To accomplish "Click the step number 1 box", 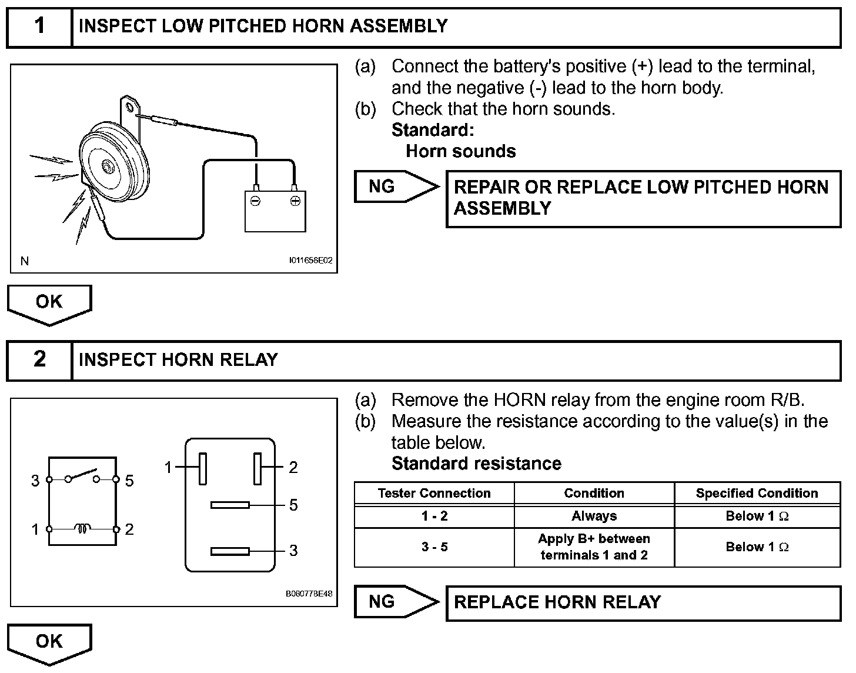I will coord(39,26).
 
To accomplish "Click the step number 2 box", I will coord(39,359).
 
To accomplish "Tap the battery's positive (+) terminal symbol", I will coord(295,201).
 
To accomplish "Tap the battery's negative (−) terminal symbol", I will coord(255,201).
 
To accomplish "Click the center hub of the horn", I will coord(107,166).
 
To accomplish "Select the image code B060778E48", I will coord(309,594).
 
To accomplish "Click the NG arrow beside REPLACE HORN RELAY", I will coord(396,601).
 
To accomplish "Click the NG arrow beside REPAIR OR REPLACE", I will coord(396,186).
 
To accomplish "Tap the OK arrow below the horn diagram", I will coord(49,303).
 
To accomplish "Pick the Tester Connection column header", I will coord(434,493).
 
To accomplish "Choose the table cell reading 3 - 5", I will coord(434,547).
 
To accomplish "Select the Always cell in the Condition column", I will coord(594,516).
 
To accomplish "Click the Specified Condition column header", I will coord(757,493).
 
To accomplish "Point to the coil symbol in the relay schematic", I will coord(83,529).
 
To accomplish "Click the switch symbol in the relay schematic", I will coord(82,476).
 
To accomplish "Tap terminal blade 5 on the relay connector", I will coord(230,505).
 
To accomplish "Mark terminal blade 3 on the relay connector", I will coord(230,551).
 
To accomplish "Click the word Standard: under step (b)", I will coord(433,129).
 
